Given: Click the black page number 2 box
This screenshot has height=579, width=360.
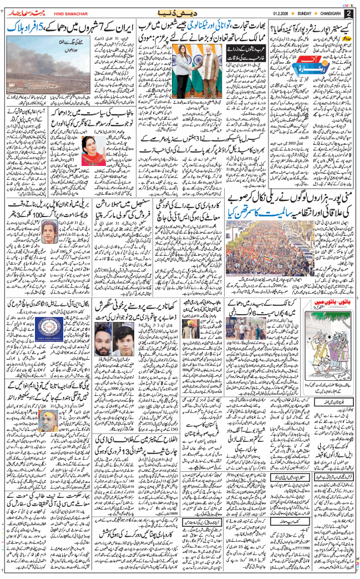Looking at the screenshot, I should point(349,13).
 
